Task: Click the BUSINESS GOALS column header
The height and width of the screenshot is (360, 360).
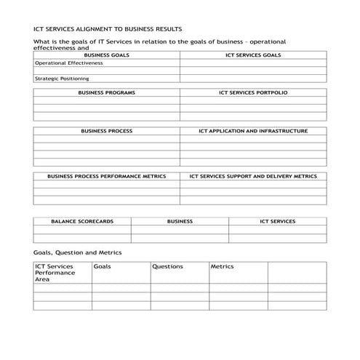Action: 106,55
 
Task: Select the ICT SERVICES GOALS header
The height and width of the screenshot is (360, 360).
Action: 253,55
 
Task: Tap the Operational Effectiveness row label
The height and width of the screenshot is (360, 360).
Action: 69,63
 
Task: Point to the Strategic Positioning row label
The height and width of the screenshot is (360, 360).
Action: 63,79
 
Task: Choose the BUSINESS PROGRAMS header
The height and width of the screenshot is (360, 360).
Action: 106,93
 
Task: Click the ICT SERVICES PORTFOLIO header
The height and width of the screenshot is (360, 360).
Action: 253,93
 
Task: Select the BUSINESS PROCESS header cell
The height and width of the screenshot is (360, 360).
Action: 106,131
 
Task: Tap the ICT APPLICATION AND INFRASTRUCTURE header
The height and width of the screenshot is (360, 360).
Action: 253,131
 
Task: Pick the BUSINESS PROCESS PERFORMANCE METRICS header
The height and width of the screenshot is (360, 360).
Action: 106,176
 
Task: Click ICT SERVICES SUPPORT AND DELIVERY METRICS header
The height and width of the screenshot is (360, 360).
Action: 253,176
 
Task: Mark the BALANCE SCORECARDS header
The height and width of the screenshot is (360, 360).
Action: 82,221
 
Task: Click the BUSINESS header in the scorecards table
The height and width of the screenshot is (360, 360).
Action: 180,221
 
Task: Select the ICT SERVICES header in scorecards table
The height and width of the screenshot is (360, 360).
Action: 277,221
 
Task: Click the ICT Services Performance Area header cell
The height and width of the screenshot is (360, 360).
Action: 55,273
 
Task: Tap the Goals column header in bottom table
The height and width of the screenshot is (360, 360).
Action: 102,267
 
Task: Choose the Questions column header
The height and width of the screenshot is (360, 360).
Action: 167,267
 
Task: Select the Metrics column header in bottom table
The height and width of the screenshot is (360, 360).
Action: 223,267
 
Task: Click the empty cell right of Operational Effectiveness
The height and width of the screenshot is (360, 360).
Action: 253,63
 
